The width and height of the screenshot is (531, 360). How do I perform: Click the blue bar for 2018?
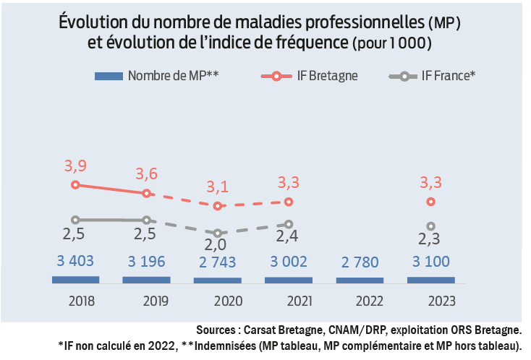(75, 279)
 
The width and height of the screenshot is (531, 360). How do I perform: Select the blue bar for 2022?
(360, 280)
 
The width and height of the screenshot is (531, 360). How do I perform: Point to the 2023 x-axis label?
(430, 299)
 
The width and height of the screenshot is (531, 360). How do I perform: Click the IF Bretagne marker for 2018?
(75, 185)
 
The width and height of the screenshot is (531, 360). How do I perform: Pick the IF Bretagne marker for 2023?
(431, 202)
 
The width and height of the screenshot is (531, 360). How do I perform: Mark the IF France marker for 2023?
(431, 226)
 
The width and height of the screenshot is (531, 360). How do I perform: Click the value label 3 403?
(75, 261)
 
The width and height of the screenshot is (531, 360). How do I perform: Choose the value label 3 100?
(431, 261)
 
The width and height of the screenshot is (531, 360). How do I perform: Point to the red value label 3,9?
(75, 166)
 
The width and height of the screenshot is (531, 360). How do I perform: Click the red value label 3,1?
(217, 187)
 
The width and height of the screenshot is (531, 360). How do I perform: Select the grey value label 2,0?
(217, 247)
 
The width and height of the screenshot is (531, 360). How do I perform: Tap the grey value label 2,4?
(289, 237)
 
